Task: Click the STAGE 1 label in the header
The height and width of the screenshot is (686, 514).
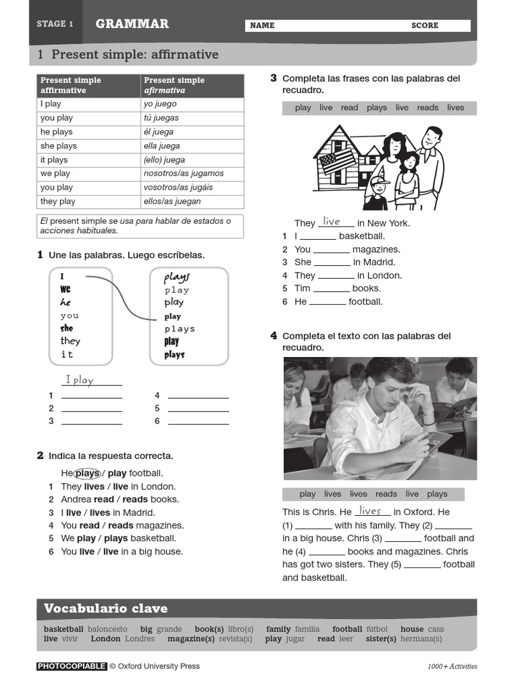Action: (55, 24)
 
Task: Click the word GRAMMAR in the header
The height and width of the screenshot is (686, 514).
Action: (132, 24)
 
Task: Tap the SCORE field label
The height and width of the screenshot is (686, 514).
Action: (424, 25)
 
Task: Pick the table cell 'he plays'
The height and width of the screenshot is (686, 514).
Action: (56, 132)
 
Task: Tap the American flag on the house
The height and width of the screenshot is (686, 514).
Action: (338, 161)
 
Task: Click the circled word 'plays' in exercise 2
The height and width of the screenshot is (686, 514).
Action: (87, 474)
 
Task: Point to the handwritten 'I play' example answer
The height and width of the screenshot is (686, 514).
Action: (80, 381)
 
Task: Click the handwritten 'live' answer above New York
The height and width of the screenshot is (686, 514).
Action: (331, 222)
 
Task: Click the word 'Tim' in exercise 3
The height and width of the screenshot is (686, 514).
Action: (303, 289)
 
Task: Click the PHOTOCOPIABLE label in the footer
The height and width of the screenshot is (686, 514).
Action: (72, 667)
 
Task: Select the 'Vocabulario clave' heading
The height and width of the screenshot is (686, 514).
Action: (105, 609)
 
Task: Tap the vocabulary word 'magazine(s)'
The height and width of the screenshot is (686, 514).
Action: (191, 639)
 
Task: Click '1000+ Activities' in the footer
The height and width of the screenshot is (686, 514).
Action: (452, 667)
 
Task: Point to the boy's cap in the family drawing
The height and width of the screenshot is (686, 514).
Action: (379, 181)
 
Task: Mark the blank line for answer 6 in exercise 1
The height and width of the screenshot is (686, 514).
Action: (198, 421)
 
